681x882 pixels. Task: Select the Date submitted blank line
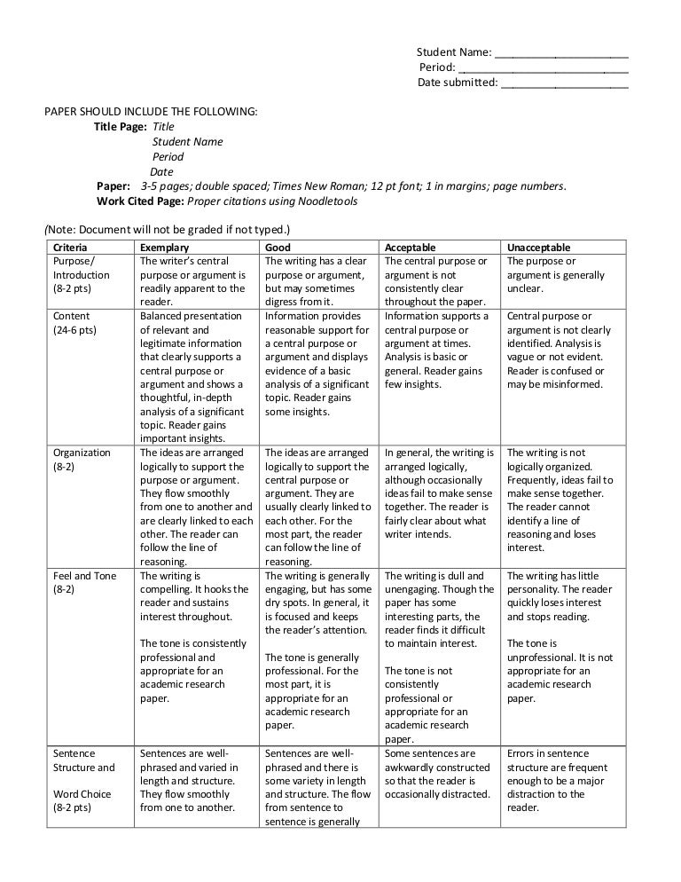point(564,84)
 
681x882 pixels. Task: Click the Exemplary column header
point(164,248)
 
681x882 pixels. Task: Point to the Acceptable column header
point(411,248)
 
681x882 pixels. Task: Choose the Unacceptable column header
point(538,248)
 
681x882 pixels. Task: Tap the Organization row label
point(82,453)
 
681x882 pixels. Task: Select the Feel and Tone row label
point(84,576)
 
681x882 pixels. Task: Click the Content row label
point(71,316)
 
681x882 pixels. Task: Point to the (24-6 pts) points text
point(75,330)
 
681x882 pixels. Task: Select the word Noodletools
point(328,201)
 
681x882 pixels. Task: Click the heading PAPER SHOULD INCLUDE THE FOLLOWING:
point(152,112)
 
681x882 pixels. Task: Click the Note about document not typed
point(167,231)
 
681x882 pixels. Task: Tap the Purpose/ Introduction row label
point(81,268)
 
